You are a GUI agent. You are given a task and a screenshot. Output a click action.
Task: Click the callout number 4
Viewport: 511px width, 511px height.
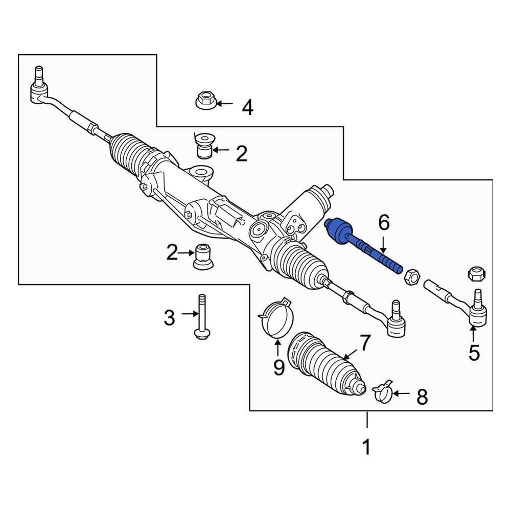pyautogui.click(x=247, y=108)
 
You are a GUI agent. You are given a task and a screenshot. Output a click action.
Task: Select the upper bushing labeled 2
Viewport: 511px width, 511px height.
pyautogui.click(x=204, y=146)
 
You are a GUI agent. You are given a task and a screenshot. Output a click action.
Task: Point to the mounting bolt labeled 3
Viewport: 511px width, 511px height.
pyautogui.click(x=201, y=317)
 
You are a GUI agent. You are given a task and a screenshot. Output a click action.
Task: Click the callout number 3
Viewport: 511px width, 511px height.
pyautogui.click(x=169, y=317)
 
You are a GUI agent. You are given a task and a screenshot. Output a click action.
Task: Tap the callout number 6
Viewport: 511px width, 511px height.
pyautogui.click(x=384, y=223)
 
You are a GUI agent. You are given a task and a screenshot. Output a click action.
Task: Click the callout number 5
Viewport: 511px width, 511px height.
pyautogui.click(x=474, y=352)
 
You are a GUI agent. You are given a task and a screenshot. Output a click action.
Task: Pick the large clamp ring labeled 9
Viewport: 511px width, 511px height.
pyautogui.click(x=276, y=318)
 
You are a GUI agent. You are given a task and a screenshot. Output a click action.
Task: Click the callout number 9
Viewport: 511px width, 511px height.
pyautogui.click(x=278, y=367)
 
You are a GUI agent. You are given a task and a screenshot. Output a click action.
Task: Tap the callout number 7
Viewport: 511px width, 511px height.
pyautogui.click(x=364, y=344)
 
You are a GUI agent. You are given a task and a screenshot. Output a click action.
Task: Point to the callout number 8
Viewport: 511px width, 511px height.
pyautogui.click(x=422, y=397)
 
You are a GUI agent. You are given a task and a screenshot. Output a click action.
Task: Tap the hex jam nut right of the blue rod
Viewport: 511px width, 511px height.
pyautogui.click(x=411, y=277)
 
